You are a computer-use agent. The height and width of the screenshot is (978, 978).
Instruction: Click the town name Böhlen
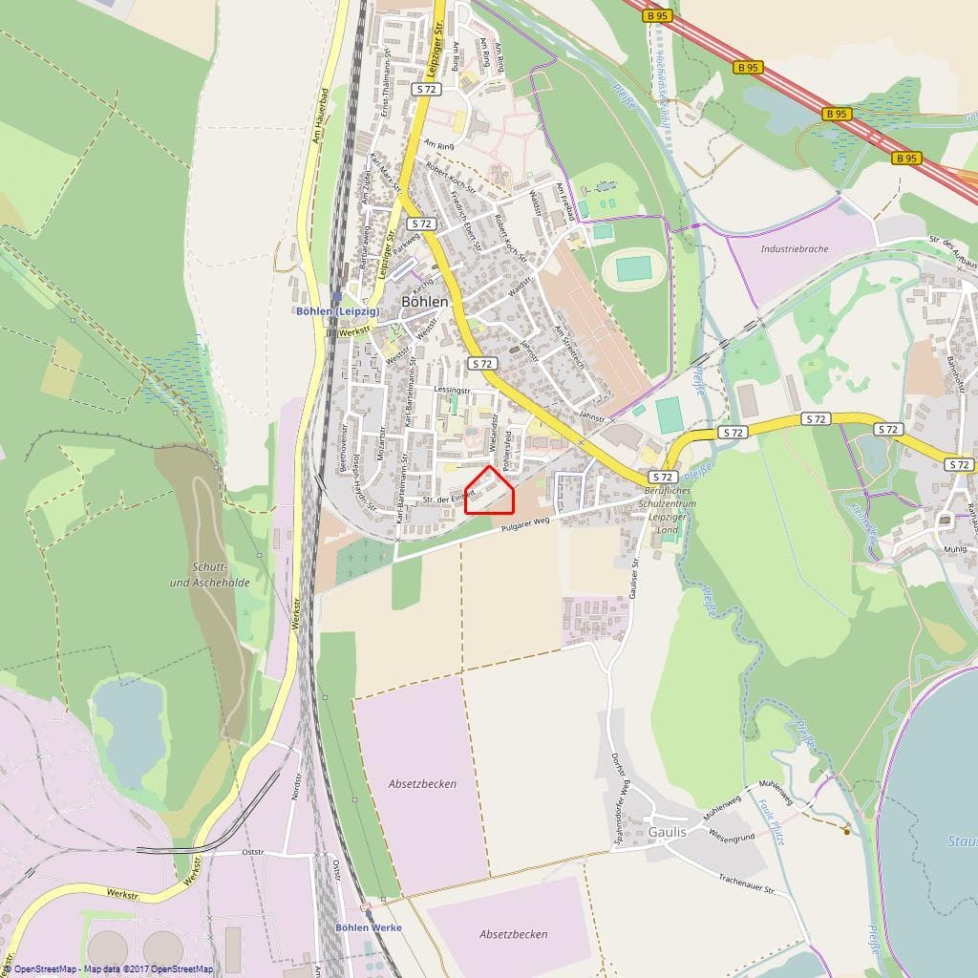(425, 301)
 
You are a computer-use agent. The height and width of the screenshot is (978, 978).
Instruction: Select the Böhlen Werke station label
(369, 927)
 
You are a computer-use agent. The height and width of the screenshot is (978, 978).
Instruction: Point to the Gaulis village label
(667, 832)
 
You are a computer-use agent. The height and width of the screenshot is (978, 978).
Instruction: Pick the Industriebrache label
(795, 248)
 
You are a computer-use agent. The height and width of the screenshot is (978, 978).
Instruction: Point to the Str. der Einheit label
(448, 498)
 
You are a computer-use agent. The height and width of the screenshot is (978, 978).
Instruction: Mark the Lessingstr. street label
(452, 391)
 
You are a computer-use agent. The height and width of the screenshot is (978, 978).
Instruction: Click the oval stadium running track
(633, 268)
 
